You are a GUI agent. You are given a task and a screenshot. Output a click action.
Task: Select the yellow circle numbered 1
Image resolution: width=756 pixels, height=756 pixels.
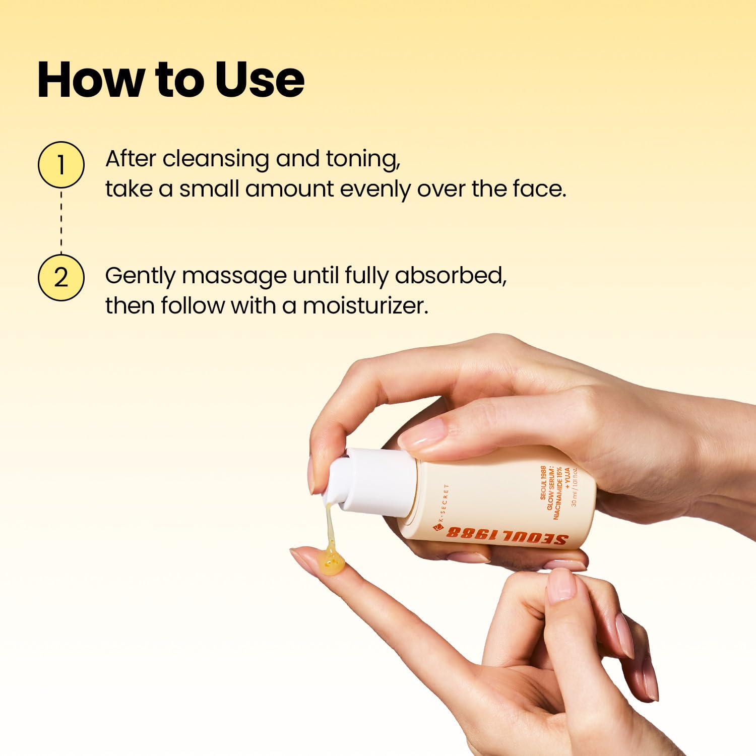pos(61,165)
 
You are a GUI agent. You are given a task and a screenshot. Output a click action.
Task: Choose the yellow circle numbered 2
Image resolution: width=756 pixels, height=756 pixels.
pos(61,278)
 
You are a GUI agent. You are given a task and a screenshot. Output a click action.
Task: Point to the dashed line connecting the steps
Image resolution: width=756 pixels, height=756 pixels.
pos(61,221)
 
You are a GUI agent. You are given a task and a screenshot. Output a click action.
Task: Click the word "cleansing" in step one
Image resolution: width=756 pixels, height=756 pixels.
pos(216,159)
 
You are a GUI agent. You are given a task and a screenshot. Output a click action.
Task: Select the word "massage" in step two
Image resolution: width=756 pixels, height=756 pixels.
pos(234,277)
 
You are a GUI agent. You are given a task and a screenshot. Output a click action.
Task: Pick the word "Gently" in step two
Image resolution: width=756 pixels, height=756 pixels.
pos(140,277)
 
